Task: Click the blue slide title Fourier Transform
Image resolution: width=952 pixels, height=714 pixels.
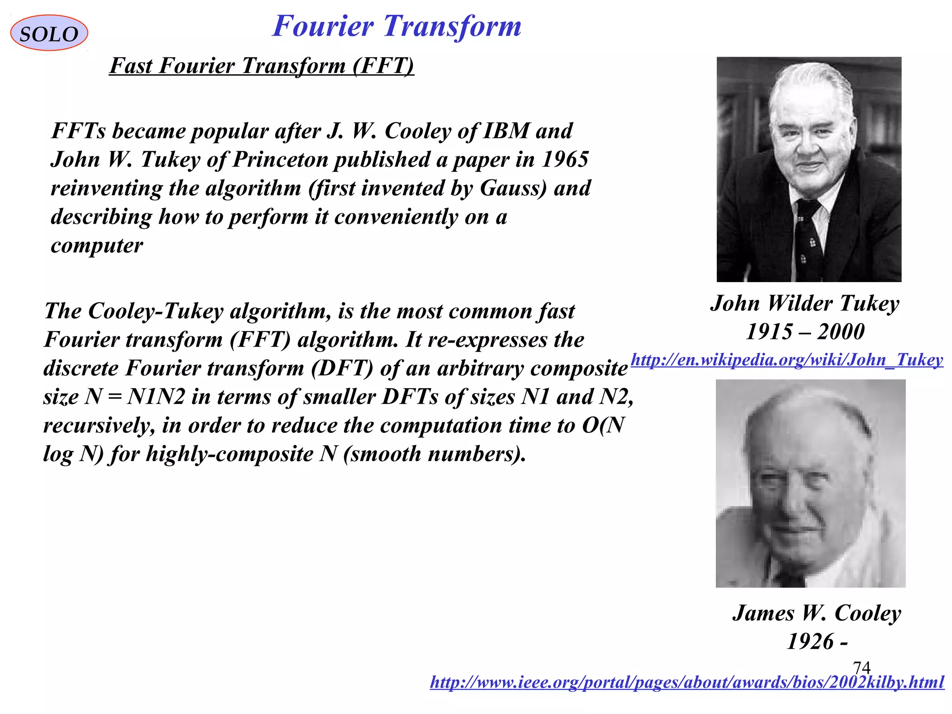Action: [397, 26]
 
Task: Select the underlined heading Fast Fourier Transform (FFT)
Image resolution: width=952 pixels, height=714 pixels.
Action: [261, 66]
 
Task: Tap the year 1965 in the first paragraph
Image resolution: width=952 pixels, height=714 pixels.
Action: [565, 159]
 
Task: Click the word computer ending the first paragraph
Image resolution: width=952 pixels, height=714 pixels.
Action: [97, 245]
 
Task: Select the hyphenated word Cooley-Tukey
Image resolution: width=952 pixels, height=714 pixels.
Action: [156, 311]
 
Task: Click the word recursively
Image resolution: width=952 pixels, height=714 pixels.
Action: [99, 425]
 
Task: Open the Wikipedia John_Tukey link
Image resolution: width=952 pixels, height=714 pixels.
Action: [787, 360]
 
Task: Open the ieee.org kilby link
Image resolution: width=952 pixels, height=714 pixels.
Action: [687, 682]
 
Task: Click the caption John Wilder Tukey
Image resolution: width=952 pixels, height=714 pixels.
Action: [805, 304]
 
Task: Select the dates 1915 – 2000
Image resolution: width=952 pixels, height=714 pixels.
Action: [805, 332]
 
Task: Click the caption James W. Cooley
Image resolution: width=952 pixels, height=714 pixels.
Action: [817, 613]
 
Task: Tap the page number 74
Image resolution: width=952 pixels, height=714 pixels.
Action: [861, 668]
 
